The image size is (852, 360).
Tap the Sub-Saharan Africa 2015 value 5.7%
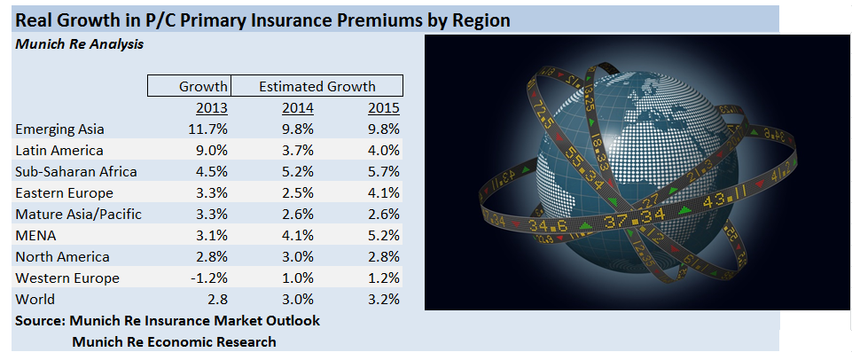[x=384, y=172]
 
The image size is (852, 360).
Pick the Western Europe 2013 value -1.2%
[x=209, y=278]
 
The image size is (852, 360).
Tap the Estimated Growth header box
[x=317, y=86]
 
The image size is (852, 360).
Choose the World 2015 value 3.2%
[x=384, y=300]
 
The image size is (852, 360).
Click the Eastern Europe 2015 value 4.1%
[x=384, y=193]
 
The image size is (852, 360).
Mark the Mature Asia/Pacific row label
[x=78, y=215]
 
